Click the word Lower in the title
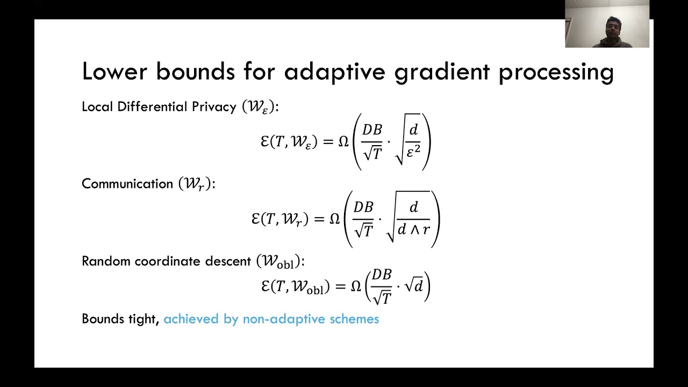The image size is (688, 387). click(114, 72)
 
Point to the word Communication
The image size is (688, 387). click(127, 184)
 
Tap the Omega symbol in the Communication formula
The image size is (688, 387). click(335, 219)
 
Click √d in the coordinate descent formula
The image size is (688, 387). click(414, 285)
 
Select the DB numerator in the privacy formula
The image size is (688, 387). click(372, 130)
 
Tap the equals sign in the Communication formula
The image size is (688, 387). click(319, 219)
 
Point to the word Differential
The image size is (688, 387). click(153, 107)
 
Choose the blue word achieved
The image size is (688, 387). click(184, 319)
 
